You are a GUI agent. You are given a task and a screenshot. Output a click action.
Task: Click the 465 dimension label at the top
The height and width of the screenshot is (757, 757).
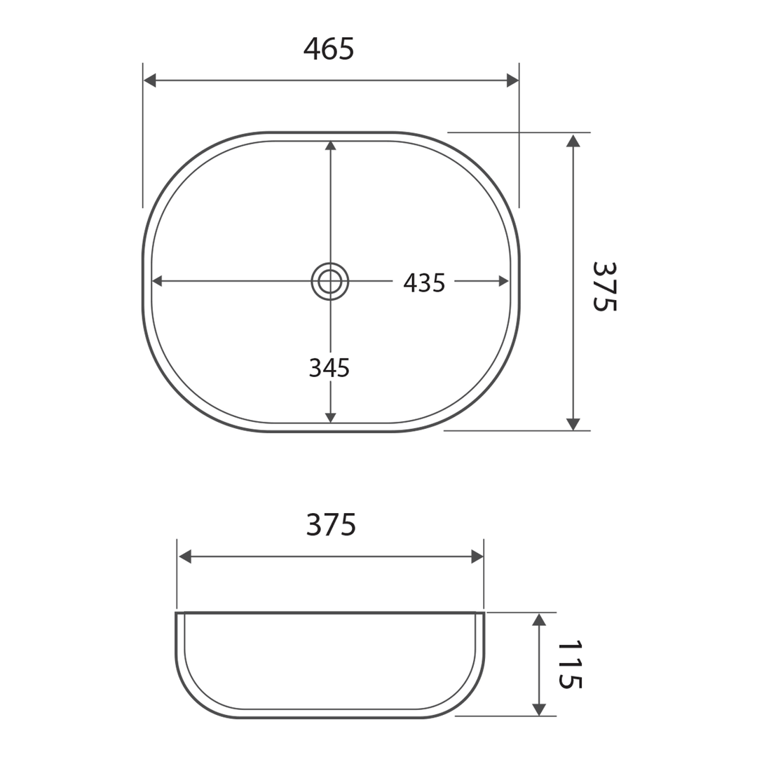coord(329,49)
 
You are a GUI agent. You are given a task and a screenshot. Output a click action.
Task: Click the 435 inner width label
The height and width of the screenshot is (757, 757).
coord(424,283)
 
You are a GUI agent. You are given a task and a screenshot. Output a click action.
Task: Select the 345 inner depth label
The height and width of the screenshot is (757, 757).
coord(329,368)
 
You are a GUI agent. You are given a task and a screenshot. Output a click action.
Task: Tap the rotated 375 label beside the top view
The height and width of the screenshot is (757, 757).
coord(603,286)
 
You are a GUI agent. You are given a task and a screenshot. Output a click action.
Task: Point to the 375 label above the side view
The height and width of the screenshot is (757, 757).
coord(331,525)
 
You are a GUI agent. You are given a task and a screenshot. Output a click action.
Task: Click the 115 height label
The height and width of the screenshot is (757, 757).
coord(568,664)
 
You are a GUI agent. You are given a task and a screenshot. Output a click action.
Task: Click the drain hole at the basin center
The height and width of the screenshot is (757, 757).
coord(330,281)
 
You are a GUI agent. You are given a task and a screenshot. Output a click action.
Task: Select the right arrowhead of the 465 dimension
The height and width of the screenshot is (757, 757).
coord(512,81)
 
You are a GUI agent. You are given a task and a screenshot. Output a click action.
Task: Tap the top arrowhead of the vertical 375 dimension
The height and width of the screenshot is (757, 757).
coord(573,141)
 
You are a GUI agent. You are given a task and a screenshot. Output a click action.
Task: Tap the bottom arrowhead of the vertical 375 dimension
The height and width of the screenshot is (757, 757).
coord(573,424)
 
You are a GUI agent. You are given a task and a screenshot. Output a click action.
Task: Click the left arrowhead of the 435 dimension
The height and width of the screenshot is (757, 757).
coord(157,281)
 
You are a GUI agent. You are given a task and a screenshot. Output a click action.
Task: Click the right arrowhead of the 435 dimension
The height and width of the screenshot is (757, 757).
coord(504,281)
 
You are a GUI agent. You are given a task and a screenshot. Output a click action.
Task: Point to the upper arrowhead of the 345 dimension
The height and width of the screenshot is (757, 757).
coord(331,146)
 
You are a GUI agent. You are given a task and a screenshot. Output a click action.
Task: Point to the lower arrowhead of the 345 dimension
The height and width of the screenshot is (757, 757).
coord(331,418)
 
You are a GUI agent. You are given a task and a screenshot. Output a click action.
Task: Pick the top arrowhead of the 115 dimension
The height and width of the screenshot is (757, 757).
coord(538,620)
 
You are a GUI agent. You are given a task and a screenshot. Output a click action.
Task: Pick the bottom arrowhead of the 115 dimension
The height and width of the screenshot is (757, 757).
coord(538,709)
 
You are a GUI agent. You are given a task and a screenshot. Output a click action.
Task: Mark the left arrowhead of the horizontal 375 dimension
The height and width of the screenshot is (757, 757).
coord(185,557)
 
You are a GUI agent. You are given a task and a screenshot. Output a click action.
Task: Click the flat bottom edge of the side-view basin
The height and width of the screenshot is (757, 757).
coord(329,717)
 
